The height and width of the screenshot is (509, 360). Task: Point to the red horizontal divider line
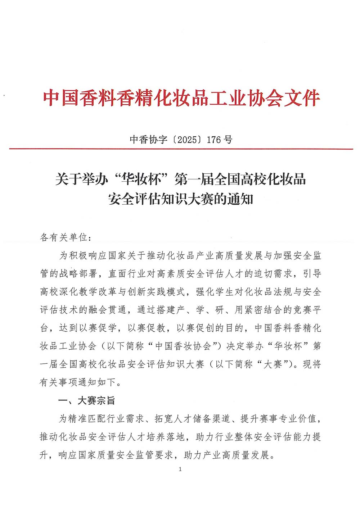180,149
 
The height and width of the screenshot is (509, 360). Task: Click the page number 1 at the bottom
180,469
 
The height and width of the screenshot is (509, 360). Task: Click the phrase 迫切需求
274,274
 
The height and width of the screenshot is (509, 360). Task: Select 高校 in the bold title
253,179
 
